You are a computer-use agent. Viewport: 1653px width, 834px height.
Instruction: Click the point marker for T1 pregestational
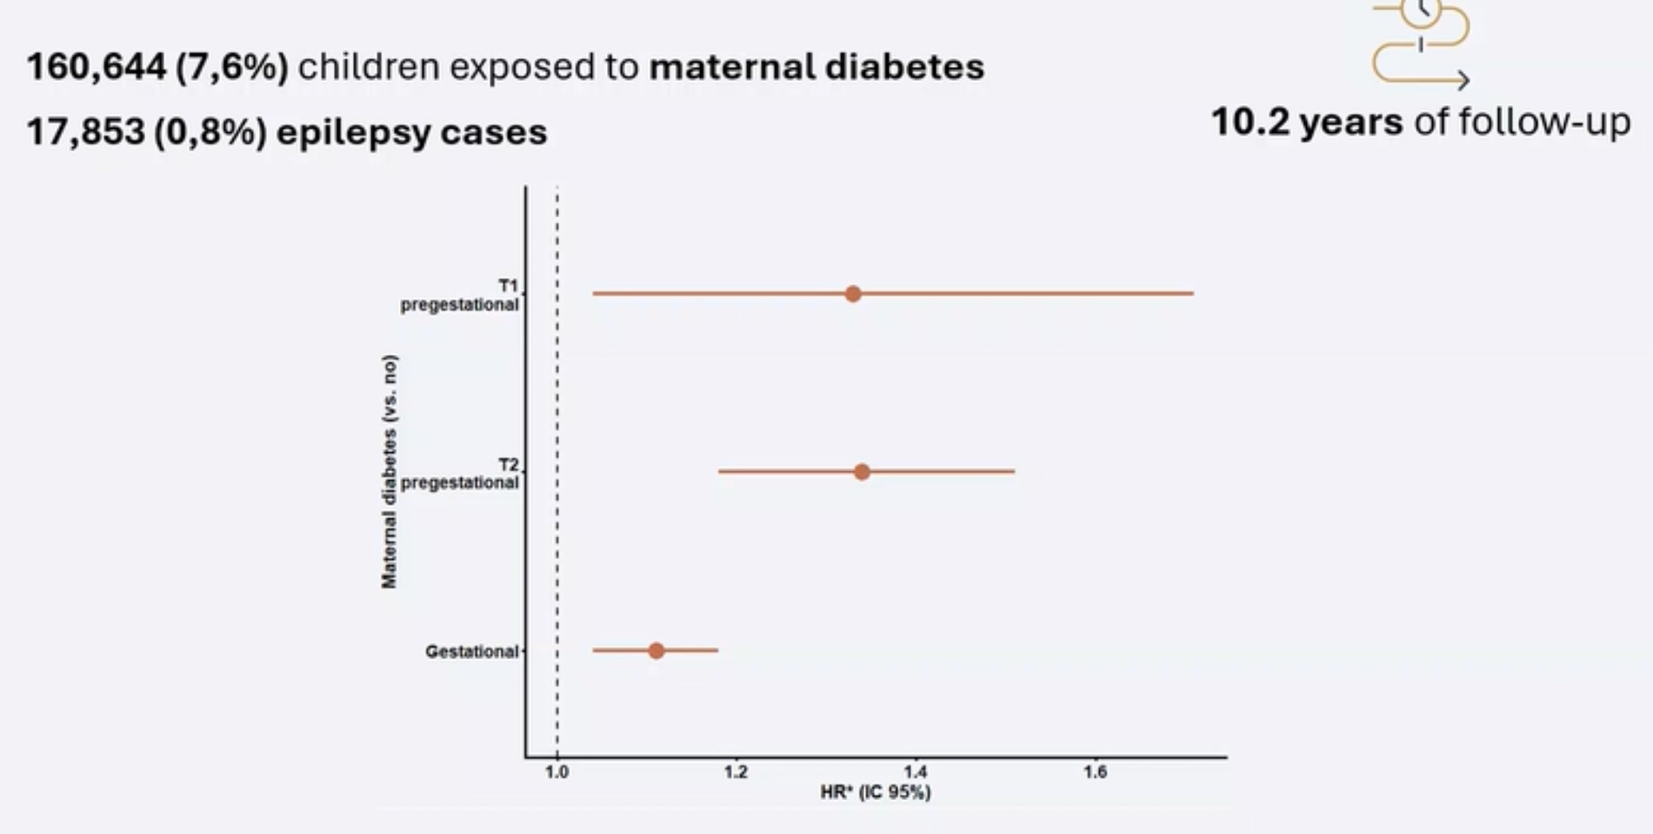853,294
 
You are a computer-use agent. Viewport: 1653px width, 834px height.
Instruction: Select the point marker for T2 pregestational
862,472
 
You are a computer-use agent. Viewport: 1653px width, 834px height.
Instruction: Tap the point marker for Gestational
657,651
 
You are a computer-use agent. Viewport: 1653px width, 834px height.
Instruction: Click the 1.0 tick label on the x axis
557,772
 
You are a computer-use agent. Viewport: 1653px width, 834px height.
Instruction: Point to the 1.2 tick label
736,772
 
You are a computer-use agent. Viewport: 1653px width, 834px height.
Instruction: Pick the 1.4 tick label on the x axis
915,772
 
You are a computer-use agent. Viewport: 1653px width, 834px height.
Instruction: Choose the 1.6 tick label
1095,772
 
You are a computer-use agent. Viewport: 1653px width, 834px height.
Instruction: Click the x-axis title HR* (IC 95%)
875,792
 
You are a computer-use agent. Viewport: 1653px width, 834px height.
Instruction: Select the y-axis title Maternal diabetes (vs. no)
389,471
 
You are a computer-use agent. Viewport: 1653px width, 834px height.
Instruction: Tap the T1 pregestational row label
460,296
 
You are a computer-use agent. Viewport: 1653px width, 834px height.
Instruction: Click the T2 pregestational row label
460,474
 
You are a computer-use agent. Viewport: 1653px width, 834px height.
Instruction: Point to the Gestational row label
471,651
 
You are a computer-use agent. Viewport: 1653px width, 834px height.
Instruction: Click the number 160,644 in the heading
96,67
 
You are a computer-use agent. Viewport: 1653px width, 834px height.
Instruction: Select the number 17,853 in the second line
85,132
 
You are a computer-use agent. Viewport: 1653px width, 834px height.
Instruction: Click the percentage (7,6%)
232,67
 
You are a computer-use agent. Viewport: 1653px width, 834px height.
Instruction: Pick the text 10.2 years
1306,122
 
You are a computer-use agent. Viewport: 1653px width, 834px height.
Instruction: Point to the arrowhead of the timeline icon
1464,80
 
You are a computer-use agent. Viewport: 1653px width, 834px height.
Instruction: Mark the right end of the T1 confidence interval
1193,294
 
